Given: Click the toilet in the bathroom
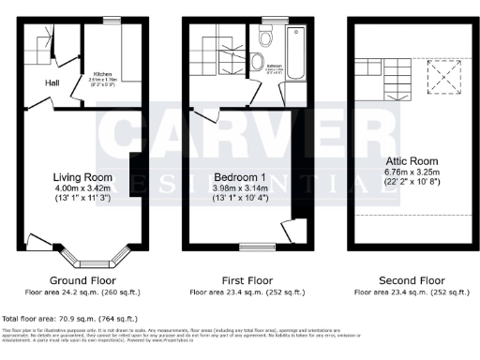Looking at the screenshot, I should (x=264, y=37).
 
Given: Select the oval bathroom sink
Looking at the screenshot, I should (x=257, y=61).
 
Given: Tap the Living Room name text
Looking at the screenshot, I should (x=82, y=176).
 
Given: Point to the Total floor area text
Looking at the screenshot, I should (x=70, y=319).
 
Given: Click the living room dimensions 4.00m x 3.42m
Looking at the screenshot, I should (x=82, y=187).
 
